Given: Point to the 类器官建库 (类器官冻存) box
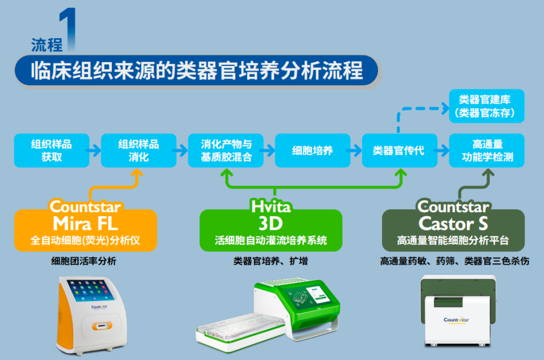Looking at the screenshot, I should [487, 106].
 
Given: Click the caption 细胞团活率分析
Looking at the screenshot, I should [84, 262].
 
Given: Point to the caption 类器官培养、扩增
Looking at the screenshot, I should [271, 262].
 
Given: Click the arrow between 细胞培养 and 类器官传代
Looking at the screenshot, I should [355, 151].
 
